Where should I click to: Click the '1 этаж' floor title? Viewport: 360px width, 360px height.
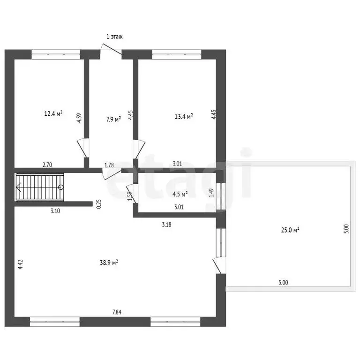tap(114, 37)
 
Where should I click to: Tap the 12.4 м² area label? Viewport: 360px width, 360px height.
tap(53, 113)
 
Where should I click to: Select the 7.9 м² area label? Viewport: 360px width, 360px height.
tap(113, 120)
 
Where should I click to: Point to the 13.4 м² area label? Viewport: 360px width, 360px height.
tap(184, 116)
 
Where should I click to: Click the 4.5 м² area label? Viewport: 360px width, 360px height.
tap(180, 194)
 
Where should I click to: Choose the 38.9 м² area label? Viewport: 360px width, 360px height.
tap(109, 262)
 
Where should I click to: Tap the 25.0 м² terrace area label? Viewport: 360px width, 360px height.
tap(290, 230)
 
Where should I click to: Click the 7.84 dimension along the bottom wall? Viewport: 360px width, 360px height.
tap(117, 312)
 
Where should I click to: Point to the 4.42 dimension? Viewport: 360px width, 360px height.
tap(21, 264)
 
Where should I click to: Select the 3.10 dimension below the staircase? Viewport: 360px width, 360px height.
tap(55, 211)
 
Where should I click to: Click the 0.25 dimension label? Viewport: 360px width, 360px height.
tap(99, 204)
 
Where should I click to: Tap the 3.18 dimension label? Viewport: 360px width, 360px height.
tap(166, 225)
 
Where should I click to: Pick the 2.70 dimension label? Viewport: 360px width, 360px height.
tap(47, 165)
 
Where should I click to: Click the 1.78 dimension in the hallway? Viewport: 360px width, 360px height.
tap(109, 165)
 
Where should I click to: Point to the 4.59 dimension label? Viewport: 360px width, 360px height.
tap(79, 118)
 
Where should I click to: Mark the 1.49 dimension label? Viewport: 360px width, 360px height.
tap(211, 193)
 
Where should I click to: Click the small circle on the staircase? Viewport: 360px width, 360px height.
tap(61, 187)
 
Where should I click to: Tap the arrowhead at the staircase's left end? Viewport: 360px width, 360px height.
tap(19, 187)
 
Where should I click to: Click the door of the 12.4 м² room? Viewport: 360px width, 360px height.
tap(83, 148)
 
